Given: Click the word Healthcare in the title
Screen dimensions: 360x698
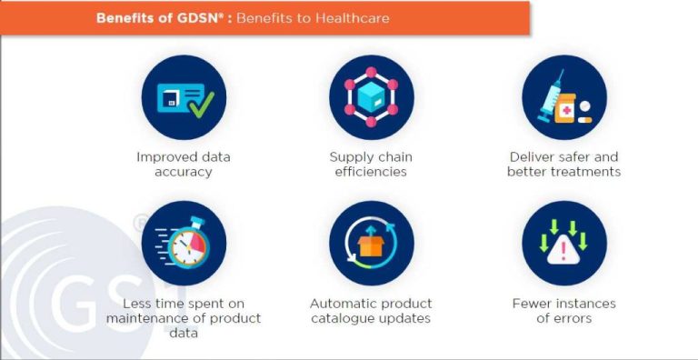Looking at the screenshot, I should pos(352,16).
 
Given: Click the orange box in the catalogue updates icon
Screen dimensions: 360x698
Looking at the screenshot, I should pos(371,244).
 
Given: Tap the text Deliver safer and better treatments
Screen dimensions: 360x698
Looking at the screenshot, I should pos(563,164).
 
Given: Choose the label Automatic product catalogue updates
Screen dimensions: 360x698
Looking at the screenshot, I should pos(371,310).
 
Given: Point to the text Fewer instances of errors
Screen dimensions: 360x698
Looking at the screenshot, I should pos(563,310).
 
